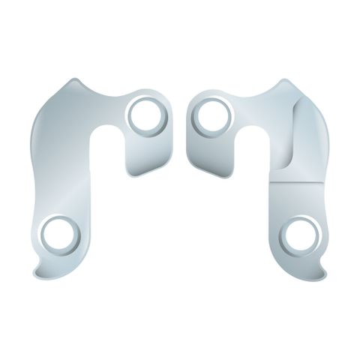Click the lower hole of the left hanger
coord(59,234)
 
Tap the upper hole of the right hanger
coord(213,114)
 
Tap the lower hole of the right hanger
coord(301,234)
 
